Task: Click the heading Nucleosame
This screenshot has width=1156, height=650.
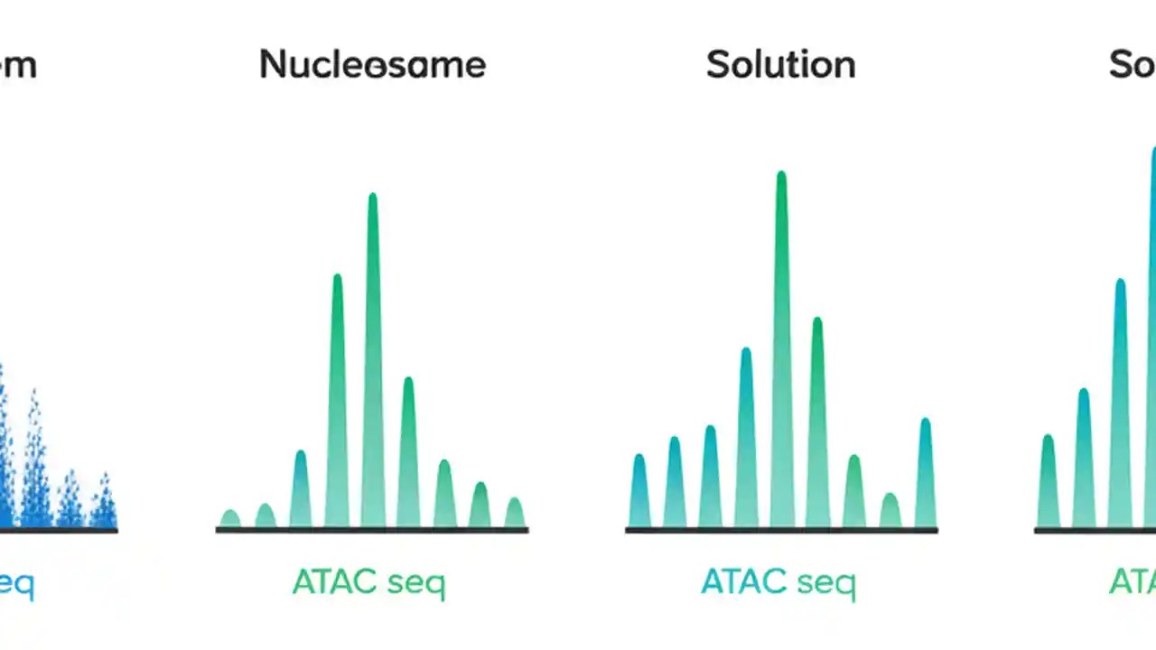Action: pos(372,65)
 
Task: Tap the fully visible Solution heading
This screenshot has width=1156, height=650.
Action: pos(780,65)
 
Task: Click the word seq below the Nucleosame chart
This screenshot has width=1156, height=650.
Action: pos(415,584)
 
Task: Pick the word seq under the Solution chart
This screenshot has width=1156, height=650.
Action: pos(825,584)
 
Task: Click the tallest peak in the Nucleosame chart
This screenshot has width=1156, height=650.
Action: pos(372,361)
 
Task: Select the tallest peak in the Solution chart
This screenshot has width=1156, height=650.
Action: pos(781,352)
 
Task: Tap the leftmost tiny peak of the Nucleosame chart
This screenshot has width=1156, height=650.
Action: pos(230,519)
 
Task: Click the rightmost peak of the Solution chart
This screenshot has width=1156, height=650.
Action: pos(925,474)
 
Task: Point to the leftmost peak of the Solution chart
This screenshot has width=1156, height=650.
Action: pos(639,492)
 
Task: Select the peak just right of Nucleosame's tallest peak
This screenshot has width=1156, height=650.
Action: pos(408,451)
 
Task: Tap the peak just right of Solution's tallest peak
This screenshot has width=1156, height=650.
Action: pos(817,424)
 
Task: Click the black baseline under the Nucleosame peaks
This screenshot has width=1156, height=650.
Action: pos(372,530)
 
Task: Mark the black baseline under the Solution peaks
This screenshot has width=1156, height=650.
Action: pos(781,530)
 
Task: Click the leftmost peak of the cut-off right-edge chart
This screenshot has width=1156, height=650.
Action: pos(1048,483)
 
